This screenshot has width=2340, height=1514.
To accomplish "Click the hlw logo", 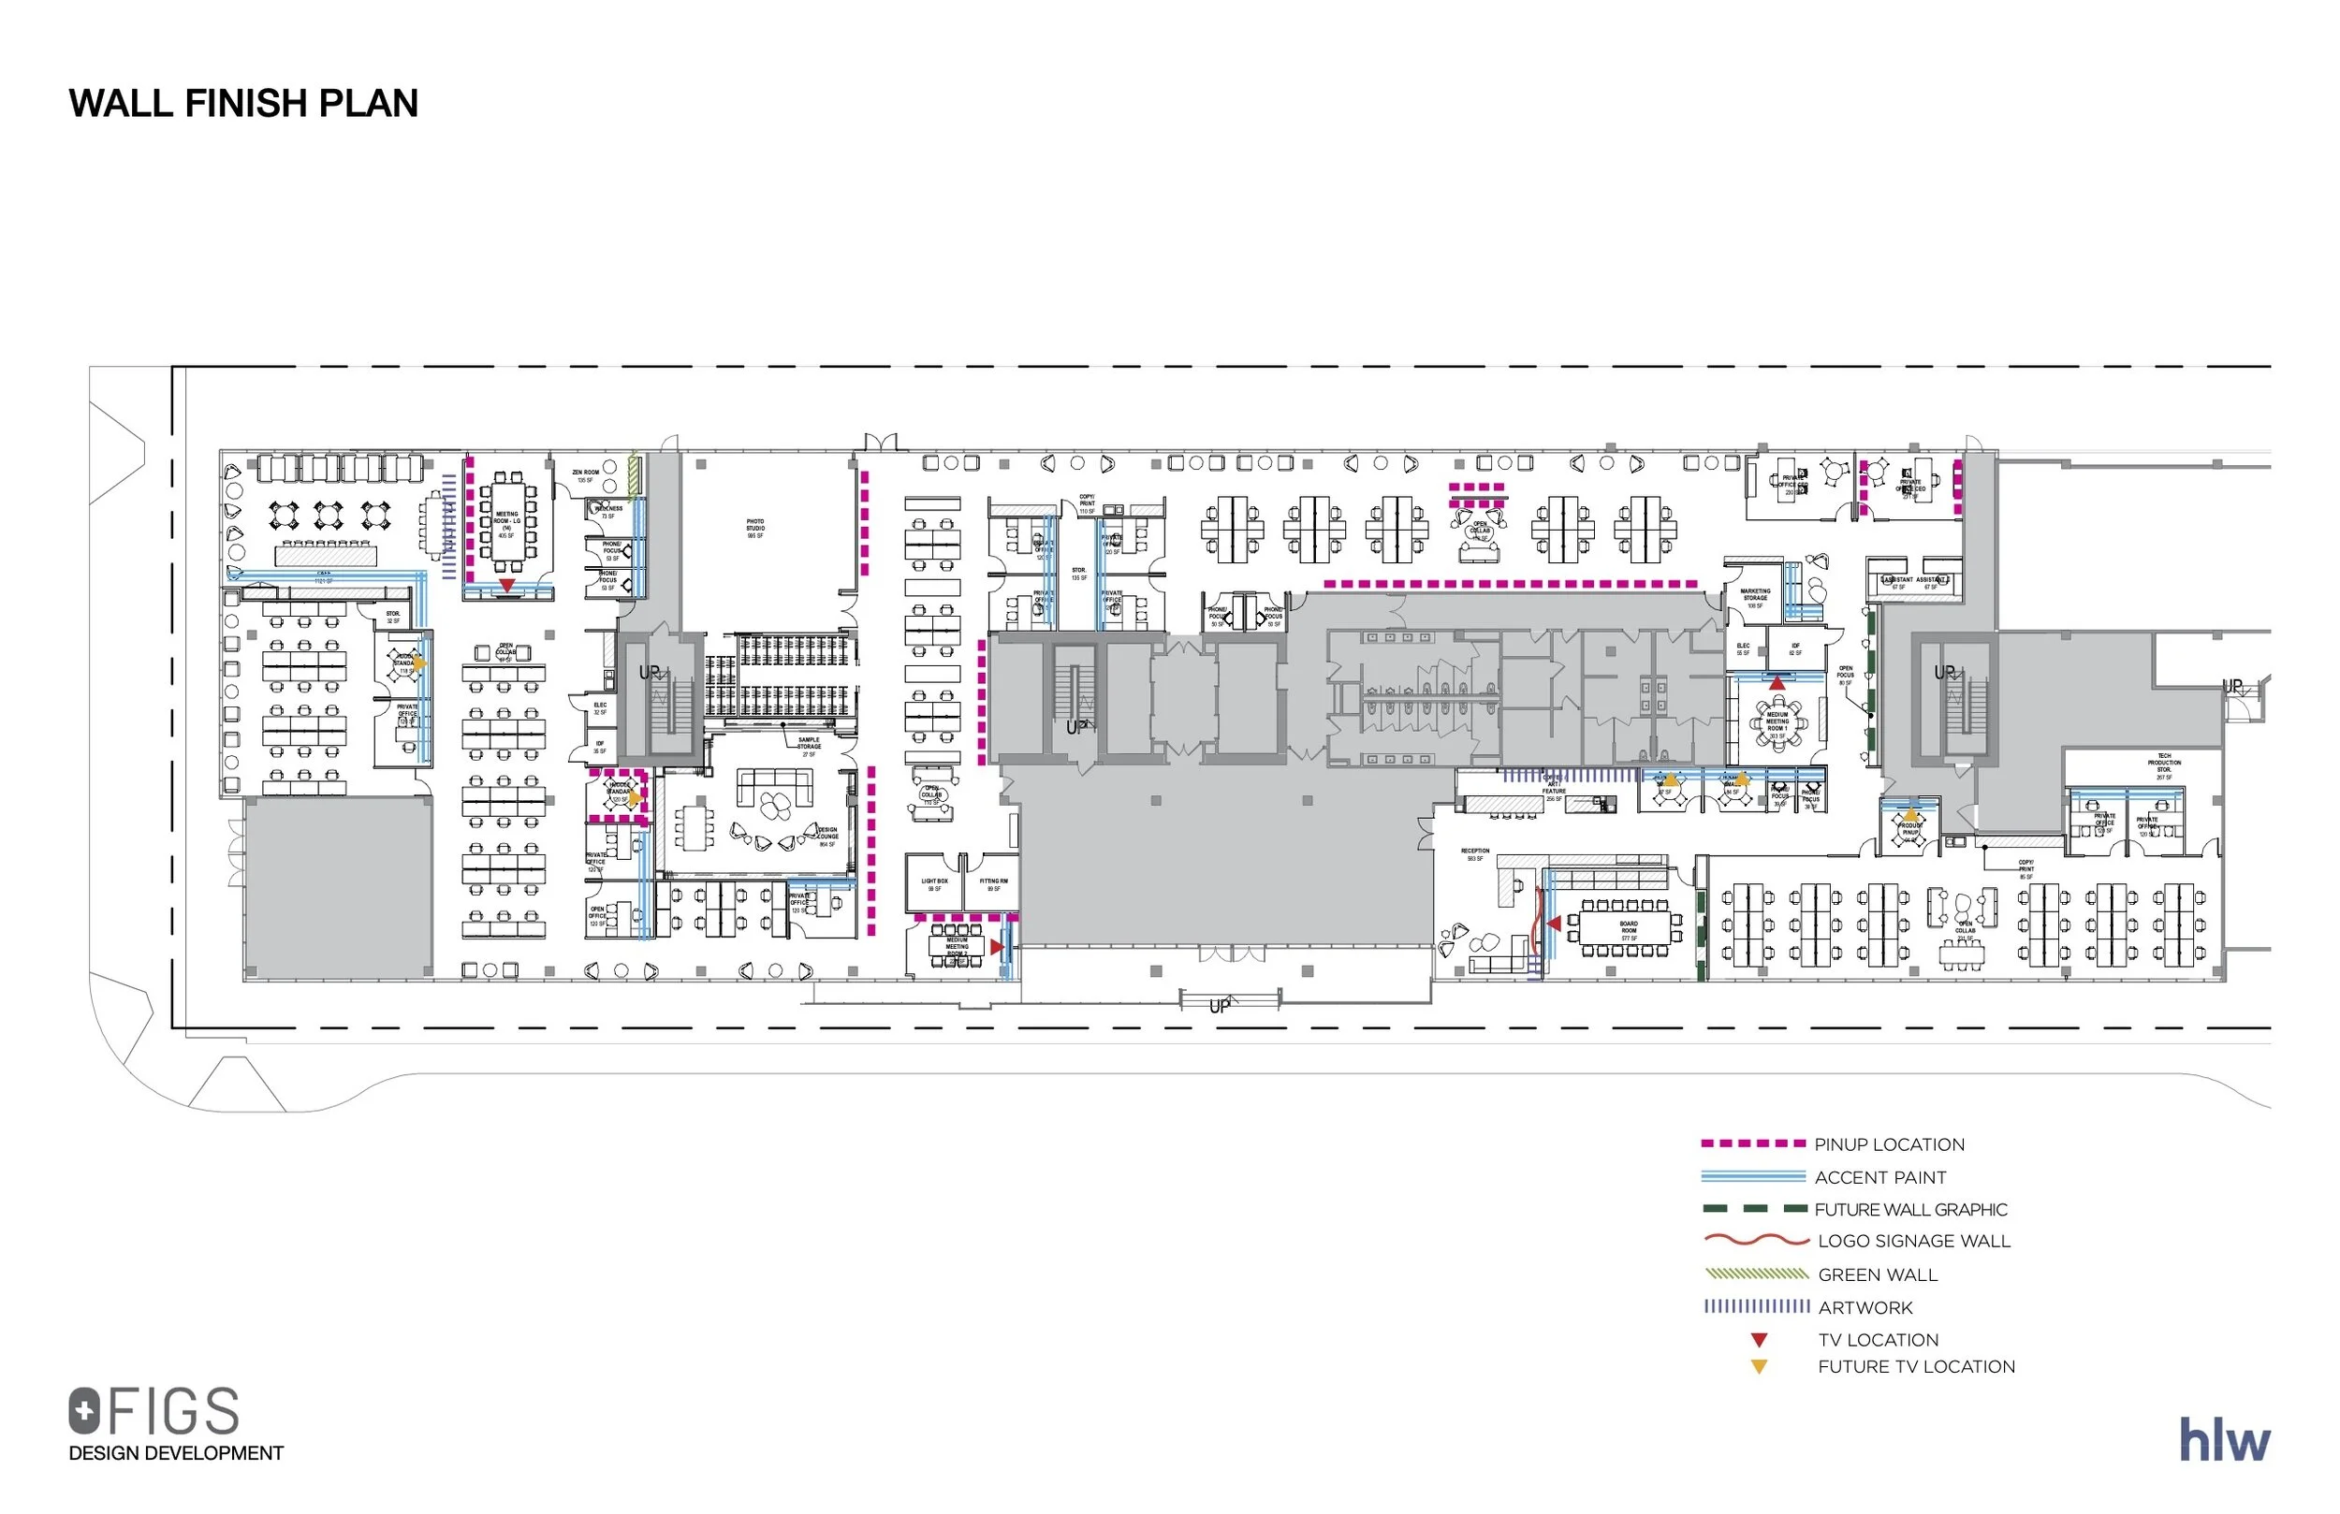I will tap(2224, 1440).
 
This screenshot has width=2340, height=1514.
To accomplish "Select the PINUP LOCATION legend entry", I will tap(1889, 1144).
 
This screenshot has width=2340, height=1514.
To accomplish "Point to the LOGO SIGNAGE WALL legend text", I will tap(1913, 1241).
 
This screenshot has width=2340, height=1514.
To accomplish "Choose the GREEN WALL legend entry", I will tap(1877, 1274).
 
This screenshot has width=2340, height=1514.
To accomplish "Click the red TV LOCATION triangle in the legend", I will tap(1759, 1340).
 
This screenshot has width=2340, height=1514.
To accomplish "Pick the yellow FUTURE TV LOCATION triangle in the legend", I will tap(1759, 1366).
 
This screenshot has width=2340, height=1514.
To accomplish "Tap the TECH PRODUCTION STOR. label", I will tap(2164, 765).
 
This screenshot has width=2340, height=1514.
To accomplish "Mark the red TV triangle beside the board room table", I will tap(1554, 924).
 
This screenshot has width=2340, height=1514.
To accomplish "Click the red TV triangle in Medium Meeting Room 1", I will tap(1777, 682).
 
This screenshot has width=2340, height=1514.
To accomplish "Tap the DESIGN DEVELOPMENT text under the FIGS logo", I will tap(176, 1453).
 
